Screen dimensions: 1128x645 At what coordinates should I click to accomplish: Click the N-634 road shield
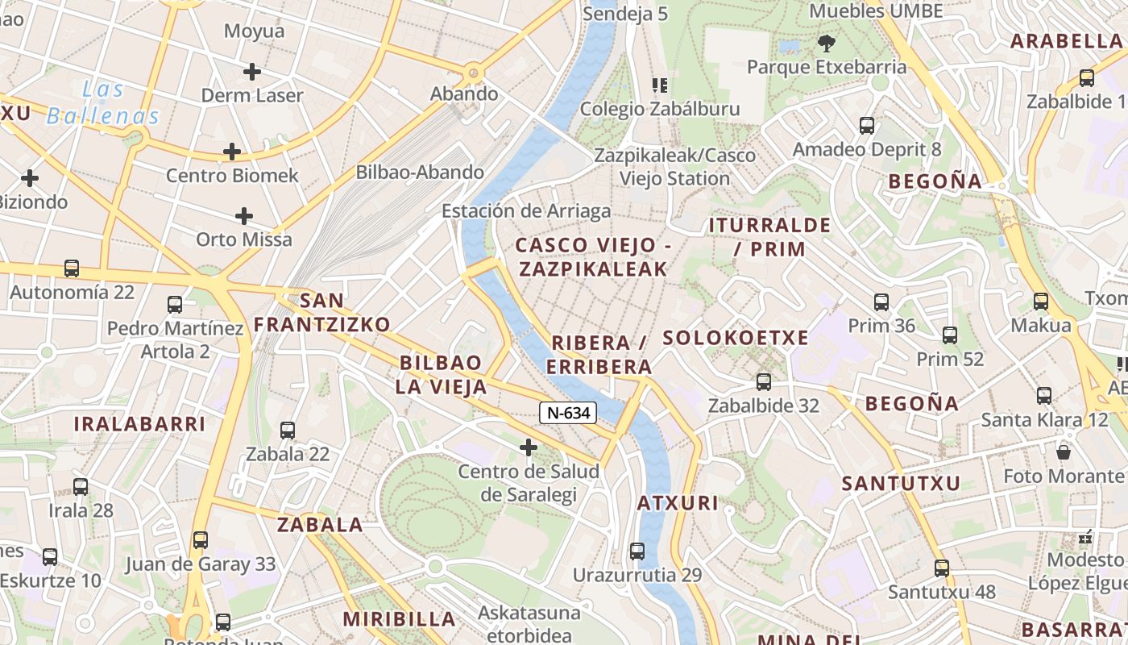(x=569, y=414)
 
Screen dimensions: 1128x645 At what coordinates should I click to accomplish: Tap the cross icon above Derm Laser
(x=252, y=72)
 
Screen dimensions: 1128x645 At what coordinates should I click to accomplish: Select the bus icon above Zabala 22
(x=288, y=431)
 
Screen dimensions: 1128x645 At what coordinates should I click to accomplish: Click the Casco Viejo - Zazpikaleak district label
(x=593, y=257)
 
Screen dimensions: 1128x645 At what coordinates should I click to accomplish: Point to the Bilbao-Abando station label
(x=420, y=172)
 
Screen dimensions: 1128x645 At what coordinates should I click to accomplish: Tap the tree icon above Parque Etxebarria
(x=826, y=44)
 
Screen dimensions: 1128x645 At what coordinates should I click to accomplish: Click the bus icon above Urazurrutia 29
(x=637, y=551)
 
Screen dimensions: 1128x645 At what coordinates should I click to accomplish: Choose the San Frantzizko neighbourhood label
(x=322, y=313)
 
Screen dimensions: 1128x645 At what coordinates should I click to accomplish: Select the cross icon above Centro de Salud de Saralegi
(x=529, y=447)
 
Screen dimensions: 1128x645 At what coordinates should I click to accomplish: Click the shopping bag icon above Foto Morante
(x=1064, y=452)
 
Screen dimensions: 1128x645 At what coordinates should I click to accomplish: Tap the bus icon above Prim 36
(x=881, y=302)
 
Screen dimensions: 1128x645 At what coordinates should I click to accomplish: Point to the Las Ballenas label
(x=103, y=102)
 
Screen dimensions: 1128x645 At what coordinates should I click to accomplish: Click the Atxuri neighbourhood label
(x=678, y=503)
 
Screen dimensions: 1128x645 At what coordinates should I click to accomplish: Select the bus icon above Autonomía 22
(x=72, y=268)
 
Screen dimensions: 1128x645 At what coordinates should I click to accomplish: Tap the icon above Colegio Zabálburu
(x=660, y=85)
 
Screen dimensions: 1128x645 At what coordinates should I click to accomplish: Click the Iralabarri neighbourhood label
(x=139, y=423)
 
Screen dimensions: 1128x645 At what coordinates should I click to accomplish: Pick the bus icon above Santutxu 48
(x=942, y=568)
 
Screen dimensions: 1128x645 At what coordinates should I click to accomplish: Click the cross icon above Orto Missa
(x=244, y=216)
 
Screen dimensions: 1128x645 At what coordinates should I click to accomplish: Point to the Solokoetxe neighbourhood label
(x=735, y=338)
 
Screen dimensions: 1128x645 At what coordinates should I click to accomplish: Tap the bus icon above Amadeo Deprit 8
(x=867, y=126)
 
